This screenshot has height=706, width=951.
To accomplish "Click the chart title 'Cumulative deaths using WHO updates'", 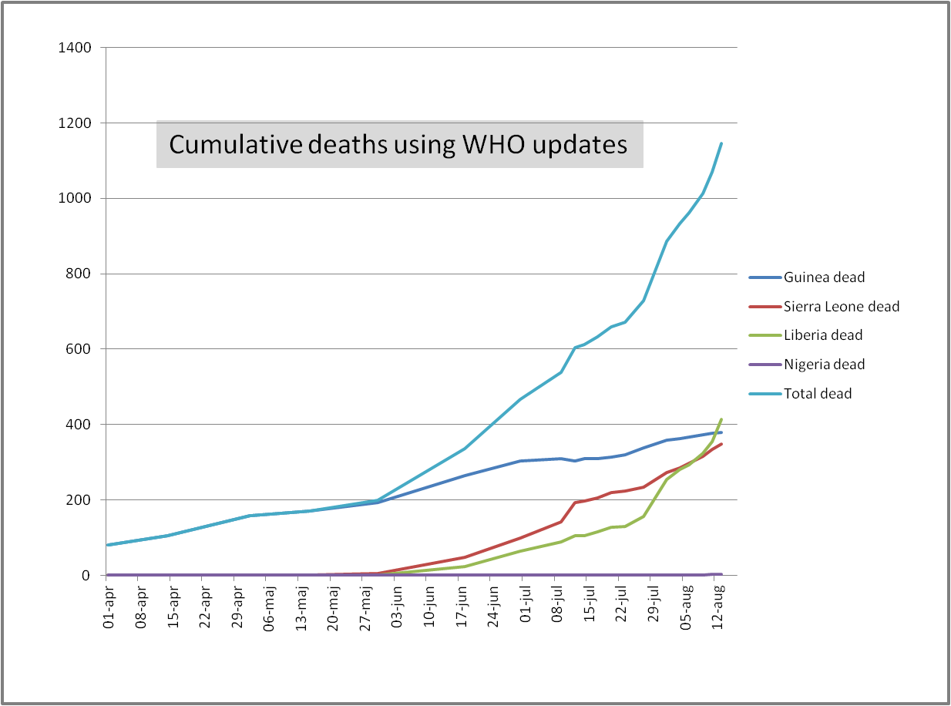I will point(398,144).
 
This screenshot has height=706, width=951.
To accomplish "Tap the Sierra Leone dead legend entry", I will point(842,307).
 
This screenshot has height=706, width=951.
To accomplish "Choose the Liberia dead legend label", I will point(823,335).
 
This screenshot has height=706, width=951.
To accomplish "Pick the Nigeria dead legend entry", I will point(825,365).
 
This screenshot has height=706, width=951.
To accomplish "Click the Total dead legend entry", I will point(818,394).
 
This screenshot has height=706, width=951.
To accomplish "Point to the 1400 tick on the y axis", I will point(75,49).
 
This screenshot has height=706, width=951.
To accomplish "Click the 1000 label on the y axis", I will point(75,199).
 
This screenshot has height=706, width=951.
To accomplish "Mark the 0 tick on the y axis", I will point(87,576).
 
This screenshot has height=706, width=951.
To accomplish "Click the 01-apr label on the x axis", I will point(109,608).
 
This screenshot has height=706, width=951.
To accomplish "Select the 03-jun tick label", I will point(397,608).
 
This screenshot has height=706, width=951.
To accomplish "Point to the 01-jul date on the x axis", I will point(526,608).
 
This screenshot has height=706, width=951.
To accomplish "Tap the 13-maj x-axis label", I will point(301,608).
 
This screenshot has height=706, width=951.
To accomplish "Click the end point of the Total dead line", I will point(721,143).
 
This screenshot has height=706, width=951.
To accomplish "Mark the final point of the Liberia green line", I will point(721,419).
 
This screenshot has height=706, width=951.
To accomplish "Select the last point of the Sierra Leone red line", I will point(721,444).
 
